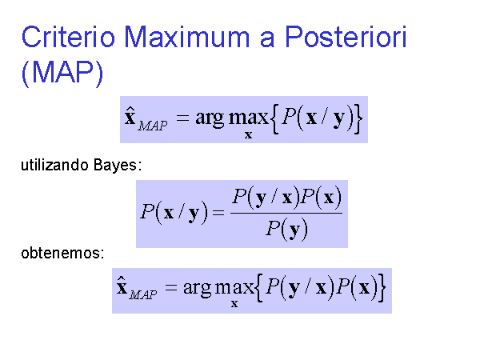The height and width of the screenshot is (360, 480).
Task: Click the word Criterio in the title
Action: click(x=68, y=37)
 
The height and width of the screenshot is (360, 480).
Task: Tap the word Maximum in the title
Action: click(x=187, y=37)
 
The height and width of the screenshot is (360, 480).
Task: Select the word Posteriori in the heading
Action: click(x=346, y=37)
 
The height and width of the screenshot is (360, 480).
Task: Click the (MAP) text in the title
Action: click(x=62, y=73)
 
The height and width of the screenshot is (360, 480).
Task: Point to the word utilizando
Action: click(x=54, y=165)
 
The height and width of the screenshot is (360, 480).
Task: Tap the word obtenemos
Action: click(x=61, y=253)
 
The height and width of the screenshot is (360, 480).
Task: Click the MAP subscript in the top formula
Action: click(x=153, y=126)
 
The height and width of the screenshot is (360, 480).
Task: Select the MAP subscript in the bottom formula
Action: click(x=143, y=294)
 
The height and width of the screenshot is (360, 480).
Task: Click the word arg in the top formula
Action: click(x=210, y=118)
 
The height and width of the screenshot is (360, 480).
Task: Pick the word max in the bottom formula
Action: click(x=234, y=287)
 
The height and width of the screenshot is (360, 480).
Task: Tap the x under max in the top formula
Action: click(x=248, y=135)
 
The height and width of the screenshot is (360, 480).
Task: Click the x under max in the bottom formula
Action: click(x=234, y=304)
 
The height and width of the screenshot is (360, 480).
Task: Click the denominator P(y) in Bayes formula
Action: click(x=286, y=229)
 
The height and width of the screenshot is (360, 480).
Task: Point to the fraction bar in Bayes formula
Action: click(x=286, y=213)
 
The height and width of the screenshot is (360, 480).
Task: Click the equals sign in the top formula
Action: click(x=182, y=118)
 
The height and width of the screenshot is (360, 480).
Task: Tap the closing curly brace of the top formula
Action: click(x=358, y=118)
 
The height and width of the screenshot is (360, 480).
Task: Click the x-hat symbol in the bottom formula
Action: click(x=122, y=286)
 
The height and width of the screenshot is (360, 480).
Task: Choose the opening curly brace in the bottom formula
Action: click(x=259, y=288)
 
